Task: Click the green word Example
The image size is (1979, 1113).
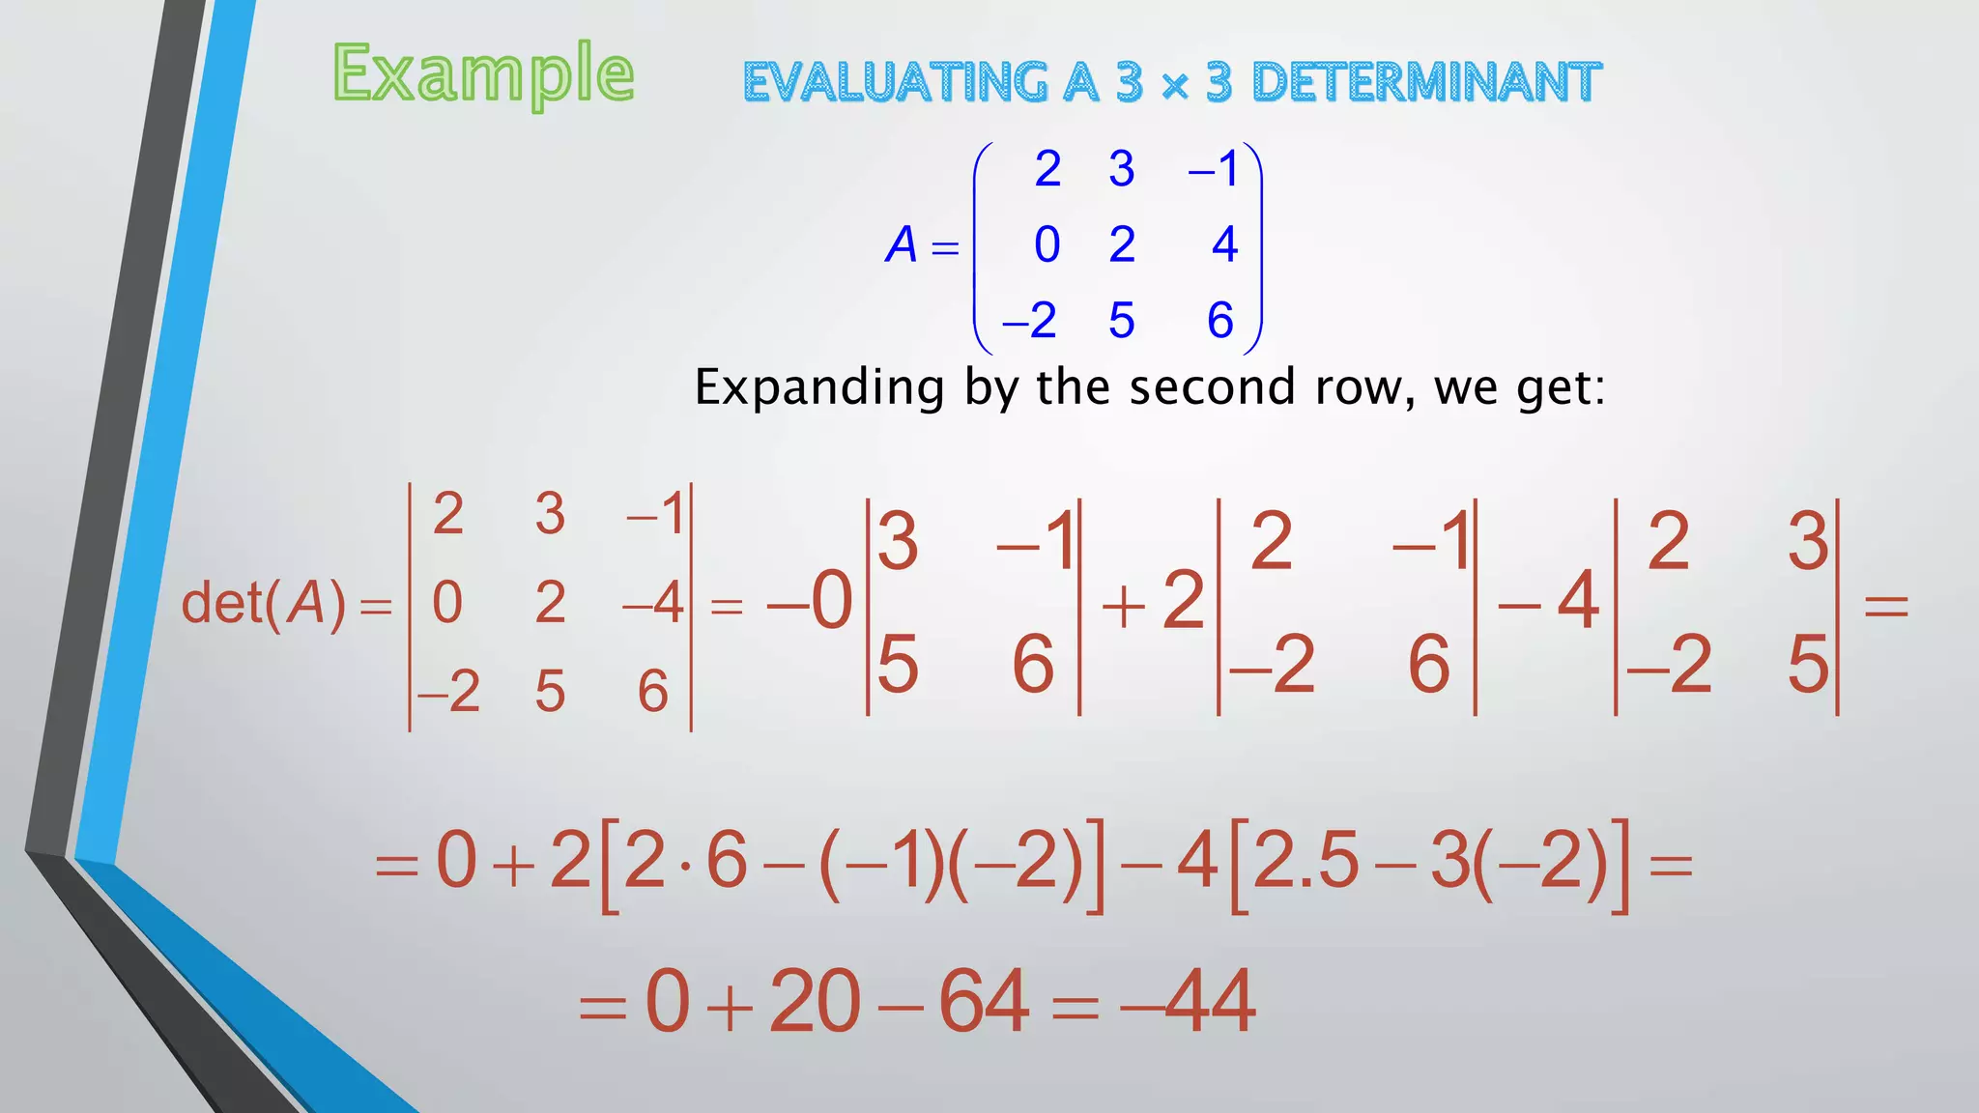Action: (x=483, y=75)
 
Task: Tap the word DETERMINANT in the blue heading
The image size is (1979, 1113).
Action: (x=1426, y=82)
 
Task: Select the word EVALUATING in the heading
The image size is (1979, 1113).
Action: (x=895, y=82)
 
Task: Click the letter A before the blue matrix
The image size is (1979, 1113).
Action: (x=901, y=245)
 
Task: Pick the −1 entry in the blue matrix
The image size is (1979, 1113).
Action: (x=1214, y=170)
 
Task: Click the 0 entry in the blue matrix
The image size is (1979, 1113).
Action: (x=1047, y=244)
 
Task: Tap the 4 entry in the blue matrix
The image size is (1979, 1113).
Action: (x=1224, y=244)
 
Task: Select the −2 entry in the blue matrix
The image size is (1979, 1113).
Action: (x=1029, y=321)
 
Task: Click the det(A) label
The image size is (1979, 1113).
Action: (x=264, y=604)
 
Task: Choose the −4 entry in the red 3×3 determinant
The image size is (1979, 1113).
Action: (x=653, y=604)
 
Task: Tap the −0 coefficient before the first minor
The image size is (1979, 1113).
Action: (x=810, y=601)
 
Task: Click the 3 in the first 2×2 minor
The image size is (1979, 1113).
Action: (x=898, y=542)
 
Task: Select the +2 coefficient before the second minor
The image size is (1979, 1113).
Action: (x=1154, y=601)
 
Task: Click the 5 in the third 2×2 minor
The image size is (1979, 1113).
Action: (x=1808, y=666)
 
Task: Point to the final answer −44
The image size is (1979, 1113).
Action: (x=1189, y=1002)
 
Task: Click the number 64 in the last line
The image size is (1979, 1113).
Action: (x=983, y=1002)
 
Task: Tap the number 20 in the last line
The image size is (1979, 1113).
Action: (x=815, y=1002)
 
